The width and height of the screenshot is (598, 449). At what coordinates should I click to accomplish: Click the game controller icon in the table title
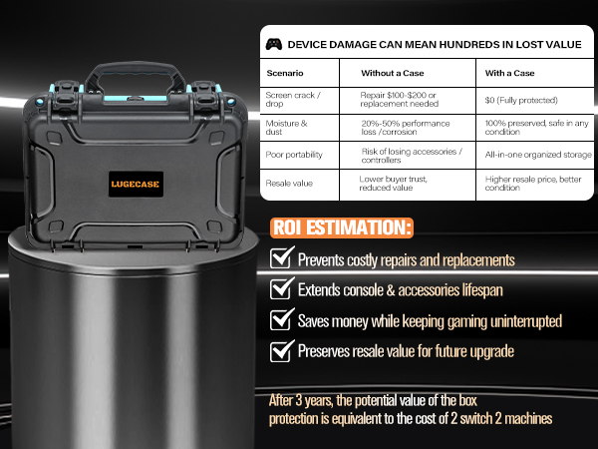click(x=274, y=44)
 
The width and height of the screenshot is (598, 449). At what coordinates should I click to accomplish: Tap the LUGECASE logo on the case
click(x=136, y=184)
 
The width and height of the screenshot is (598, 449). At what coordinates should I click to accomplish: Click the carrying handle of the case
click(x=136, y=77)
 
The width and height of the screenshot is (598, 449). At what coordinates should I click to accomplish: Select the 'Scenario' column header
click(x=285, y=73)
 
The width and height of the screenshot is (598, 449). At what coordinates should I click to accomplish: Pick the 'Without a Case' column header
click(x=393, y=73)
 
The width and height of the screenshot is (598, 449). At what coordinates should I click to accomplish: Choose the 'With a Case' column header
click(x=509, y=73)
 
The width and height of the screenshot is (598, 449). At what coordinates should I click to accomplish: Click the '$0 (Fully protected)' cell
click(x=521, y=100)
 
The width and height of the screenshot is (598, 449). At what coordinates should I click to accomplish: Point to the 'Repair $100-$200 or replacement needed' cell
click(x=400, y=99)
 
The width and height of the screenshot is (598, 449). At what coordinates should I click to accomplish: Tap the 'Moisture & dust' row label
click(x=286, y=128)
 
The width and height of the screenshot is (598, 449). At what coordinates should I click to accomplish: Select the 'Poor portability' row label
click(x=294, y=155)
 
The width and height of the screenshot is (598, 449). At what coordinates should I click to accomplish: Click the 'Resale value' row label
click(x=289, y=184)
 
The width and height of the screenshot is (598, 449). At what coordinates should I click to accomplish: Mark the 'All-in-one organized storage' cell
click(x=538, y=155)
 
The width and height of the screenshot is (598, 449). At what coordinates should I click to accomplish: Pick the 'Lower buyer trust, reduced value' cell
click(x=394, y=184)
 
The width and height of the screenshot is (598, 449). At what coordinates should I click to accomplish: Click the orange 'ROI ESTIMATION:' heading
click(x=342, y=227)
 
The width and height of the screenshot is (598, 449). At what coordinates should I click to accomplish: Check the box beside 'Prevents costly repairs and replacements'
click(x=282, y=257)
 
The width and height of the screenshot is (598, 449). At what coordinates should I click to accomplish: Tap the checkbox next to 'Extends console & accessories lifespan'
click(x=282, y=288)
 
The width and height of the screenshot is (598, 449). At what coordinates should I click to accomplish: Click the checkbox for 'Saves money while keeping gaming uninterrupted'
click(x=282, y=319)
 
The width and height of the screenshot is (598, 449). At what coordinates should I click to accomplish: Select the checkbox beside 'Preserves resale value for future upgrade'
click(x=282, y=350)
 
